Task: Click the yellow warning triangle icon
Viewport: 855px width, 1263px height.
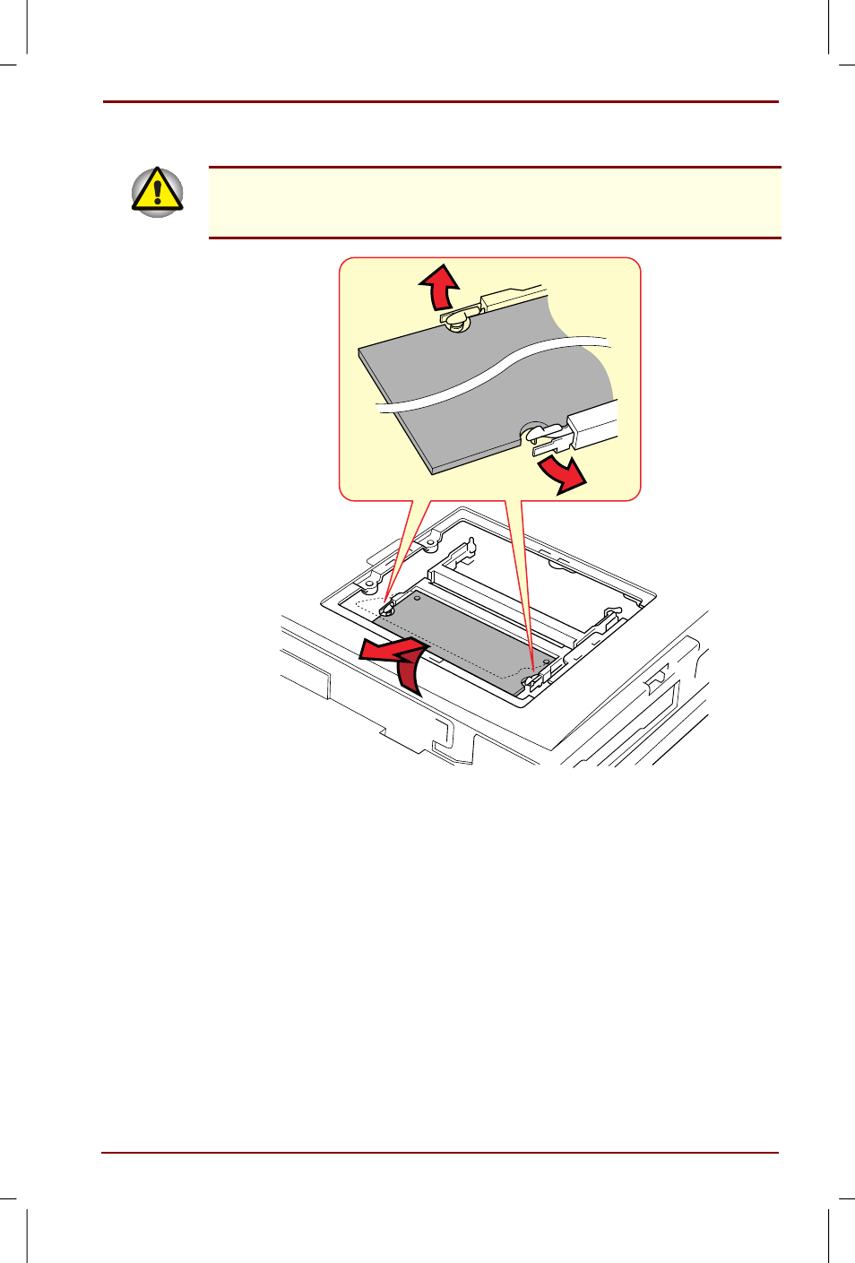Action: pos(158,192)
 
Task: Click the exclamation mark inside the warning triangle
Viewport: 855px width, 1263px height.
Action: pos(158,191)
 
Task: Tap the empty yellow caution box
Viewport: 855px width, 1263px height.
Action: pos(495,203)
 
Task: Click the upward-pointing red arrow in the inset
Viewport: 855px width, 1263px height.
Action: pos(440,286)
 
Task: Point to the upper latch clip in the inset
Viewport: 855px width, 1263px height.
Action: pos(458,317)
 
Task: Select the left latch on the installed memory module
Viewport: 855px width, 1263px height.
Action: pos(388,609)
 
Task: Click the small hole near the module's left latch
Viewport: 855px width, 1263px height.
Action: pos(417,598)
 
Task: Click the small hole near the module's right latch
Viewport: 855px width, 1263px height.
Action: pos(546,662)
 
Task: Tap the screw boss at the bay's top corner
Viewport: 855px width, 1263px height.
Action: pos(431,541)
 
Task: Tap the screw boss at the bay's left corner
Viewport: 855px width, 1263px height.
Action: pos(368,585)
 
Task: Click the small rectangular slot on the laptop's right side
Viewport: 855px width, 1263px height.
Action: pos(656,678)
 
